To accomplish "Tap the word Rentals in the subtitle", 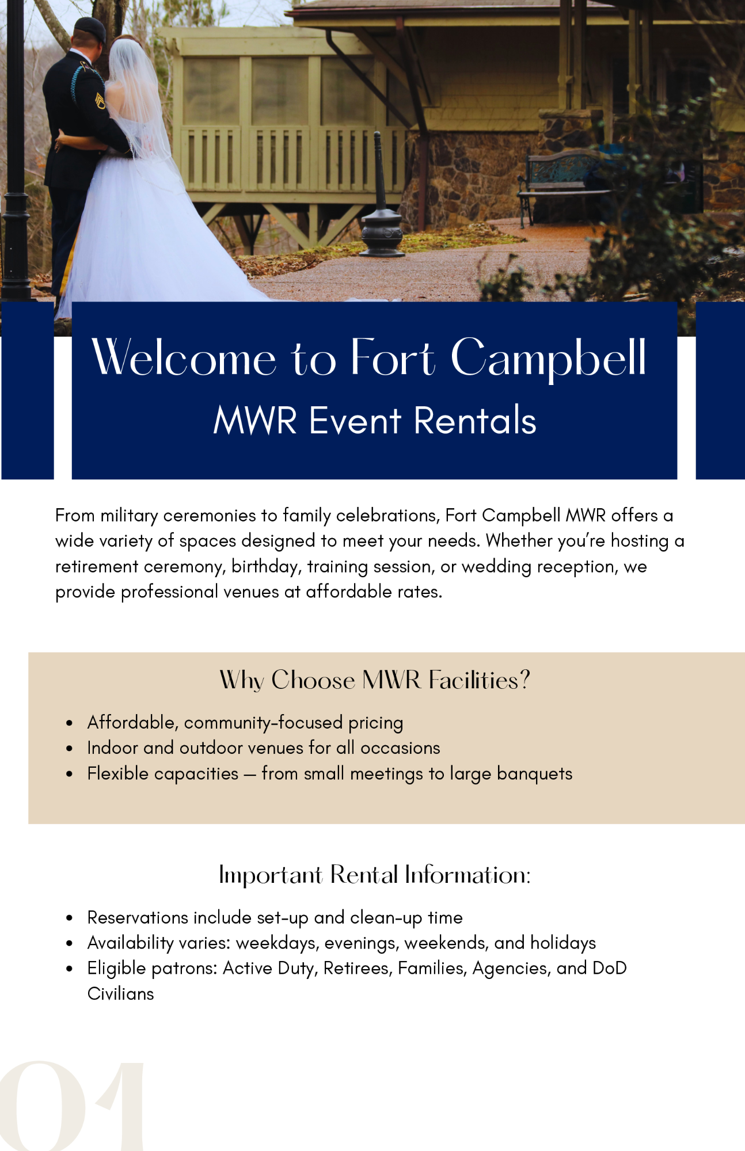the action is (x=475, y=420).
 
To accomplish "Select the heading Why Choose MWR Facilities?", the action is (x=374, y=680).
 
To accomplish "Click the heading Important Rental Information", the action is (x=374, y=875).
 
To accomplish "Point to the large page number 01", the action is (x=72, y=1106).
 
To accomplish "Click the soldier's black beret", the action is (x=90, y=28).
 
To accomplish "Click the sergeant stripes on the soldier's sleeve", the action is (x=100, y=101).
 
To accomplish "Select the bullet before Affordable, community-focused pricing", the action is (x=69, y=723).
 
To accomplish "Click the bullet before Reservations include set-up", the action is (x=69, y=918).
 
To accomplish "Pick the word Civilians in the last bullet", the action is (x=121, y=994).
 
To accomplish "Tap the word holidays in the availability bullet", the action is (x=563, y=943).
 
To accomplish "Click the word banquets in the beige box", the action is (x=534, y=774).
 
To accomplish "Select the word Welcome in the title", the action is (x=184, y=358).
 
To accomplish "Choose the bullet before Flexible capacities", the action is (x=69, y=775).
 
